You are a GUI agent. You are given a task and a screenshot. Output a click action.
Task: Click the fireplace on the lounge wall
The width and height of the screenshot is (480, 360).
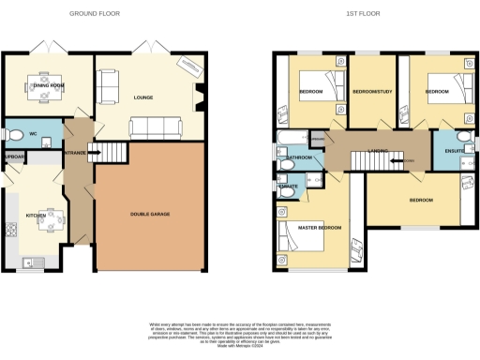click(x=199, y=94)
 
